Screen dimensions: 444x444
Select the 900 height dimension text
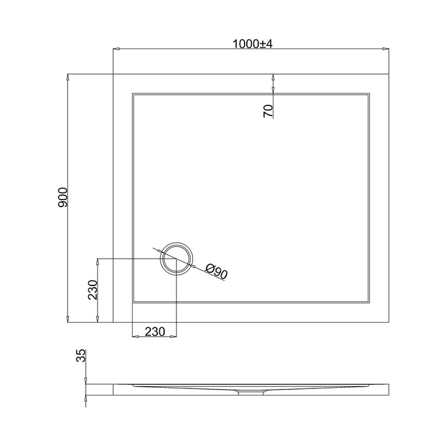click(63, 198)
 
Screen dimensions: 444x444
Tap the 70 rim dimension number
click(268, 111)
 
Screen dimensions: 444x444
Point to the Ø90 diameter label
click(217, 272)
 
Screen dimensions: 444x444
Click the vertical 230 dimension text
click(92, 289)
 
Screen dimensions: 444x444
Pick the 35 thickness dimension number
click(82, 355)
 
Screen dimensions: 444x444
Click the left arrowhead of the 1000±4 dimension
click(115, 50)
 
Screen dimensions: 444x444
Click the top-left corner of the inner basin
click(133, 93)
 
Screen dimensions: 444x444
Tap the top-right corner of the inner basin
click(370, 93)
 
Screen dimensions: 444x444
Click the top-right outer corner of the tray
click(389, 74)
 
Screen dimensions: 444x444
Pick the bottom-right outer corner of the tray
click(389, 323)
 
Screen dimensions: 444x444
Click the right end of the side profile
click(388, 389)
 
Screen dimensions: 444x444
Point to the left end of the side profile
click(114, 389)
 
